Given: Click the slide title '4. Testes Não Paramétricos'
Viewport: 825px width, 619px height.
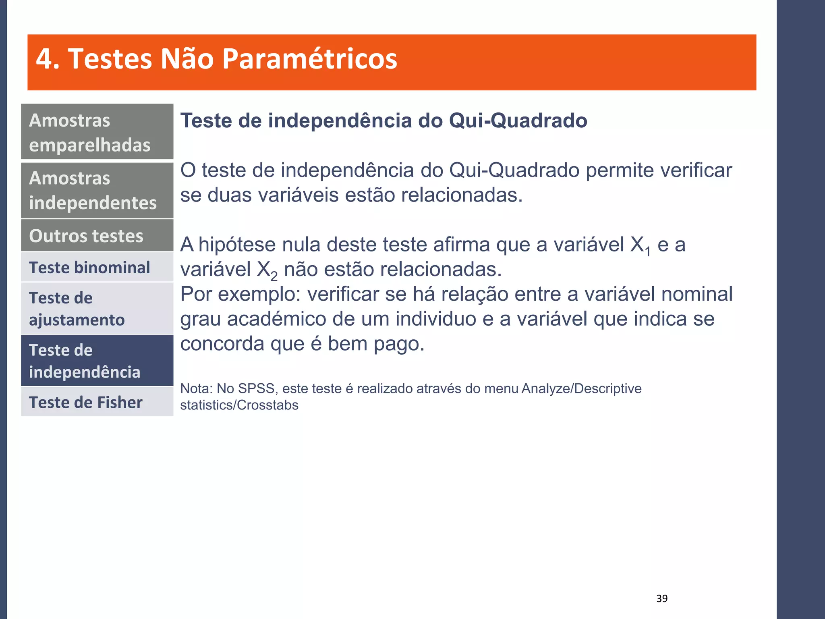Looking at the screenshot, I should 216,59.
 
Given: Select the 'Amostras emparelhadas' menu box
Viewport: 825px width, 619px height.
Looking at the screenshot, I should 97,132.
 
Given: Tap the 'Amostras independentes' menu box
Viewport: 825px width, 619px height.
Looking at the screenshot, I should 97,190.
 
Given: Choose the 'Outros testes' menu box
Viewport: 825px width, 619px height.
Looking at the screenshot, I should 97,236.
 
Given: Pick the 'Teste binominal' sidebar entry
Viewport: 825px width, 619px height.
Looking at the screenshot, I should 97,268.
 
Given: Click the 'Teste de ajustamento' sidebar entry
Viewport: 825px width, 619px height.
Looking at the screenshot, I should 97,309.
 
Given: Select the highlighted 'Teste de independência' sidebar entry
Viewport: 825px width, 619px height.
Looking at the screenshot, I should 97,361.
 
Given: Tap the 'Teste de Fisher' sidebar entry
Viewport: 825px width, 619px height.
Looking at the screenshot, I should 97,402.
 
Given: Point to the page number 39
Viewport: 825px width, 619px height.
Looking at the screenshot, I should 662,598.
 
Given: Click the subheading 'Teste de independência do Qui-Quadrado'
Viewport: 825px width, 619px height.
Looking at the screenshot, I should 383,120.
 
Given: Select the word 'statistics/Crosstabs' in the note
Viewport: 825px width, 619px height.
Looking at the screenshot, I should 239,405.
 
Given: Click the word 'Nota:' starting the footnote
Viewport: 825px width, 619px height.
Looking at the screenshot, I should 196,388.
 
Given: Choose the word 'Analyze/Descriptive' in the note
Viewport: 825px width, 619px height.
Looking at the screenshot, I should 581,388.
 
